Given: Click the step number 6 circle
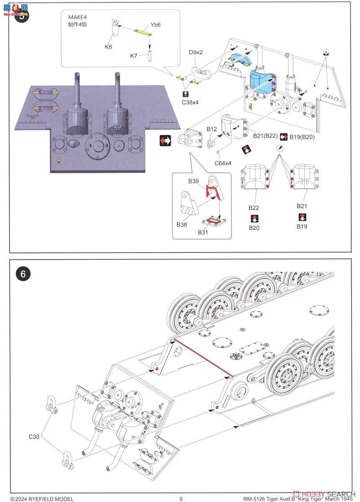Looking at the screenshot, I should (x=23, y=274).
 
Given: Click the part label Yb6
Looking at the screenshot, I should (x=155, y=25).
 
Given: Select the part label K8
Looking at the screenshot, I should (x=108, y=47).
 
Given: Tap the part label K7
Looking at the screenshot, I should (x=134, y=56).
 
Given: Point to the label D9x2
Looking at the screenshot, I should (x=195, y=52).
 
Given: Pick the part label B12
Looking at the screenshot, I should (x=211, y=129).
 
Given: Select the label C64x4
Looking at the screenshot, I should (x=223, y=163).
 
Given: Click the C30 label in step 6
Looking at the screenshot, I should (x=35, y=437).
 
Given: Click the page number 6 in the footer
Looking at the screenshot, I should (x=181, y=499).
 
